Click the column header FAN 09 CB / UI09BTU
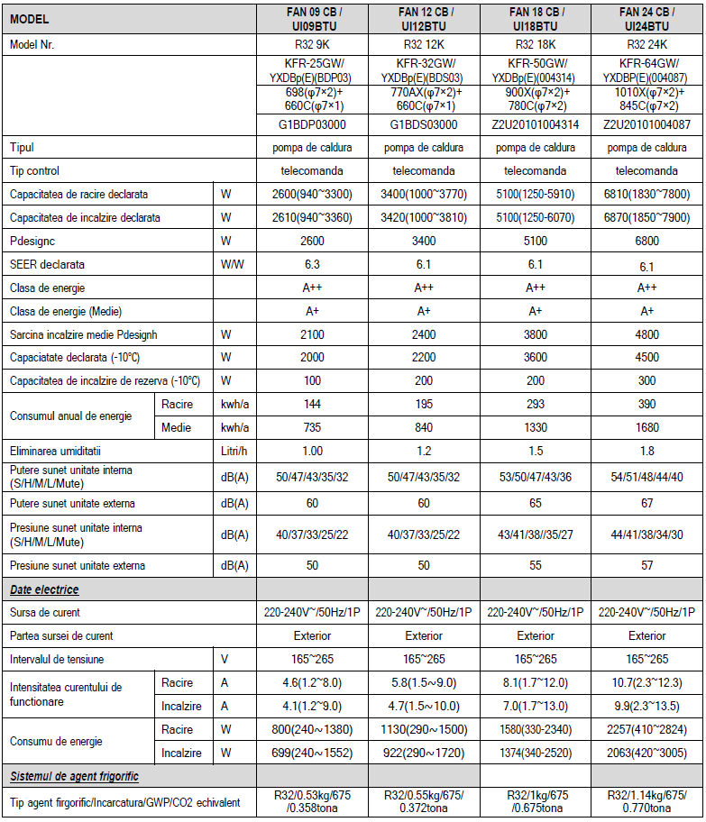(x=312, y=19)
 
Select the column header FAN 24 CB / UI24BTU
(x=646, y=19)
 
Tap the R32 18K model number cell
(x=535, y=45)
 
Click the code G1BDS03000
(x=424, y=124)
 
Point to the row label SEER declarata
(x=47, y=265)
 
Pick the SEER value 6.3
(x=312, y=265)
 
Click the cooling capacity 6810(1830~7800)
(x=646, y=194)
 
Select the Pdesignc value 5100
(x=535, y=242)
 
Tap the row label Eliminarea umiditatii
(x=56, y=451)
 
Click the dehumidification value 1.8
(x=646, y=451)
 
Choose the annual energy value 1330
(x=535, y=427)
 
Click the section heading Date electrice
(x=44, y=589)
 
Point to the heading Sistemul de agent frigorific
(x=74, y=776)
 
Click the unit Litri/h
(x=234, y=451)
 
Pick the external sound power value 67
(x=646, y=502)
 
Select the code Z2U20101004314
(x=535, y=124)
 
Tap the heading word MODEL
(x=30, y=19)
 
